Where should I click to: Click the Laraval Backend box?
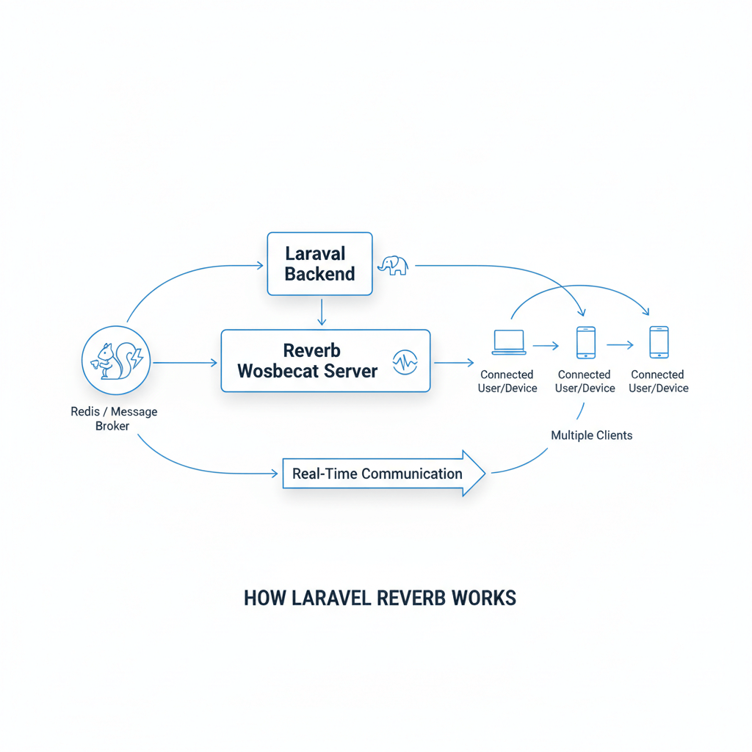[319, 264]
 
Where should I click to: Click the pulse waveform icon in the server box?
[405, 361]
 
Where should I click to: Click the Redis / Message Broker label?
[113, 419]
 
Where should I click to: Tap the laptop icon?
[508, 341]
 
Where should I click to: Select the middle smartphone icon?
[585, 342]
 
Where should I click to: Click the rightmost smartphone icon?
[659, 342]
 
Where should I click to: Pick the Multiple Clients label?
[591, 435]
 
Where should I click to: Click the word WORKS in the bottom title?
[485, 598]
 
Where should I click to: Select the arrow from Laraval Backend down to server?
[320, 311]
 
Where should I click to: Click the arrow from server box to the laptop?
[454, 362]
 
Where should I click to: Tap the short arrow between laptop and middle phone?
[546, 344]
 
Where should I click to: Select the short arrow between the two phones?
[620, 344]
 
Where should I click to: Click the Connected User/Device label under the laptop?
[507, 381]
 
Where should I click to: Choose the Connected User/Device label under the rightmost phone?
[658, 381]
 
